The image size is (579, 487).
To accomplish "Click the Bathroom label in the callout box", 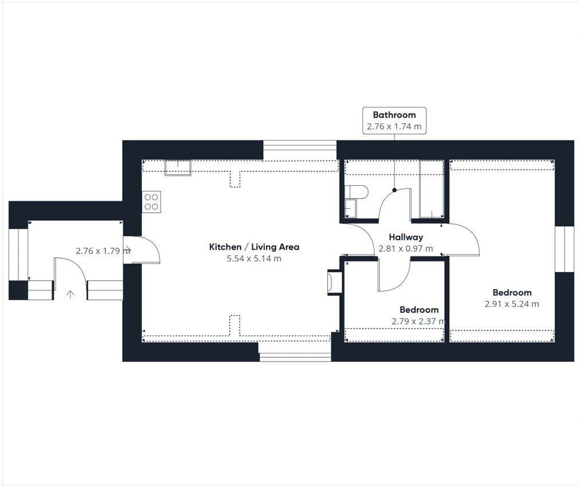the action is click(394, 115).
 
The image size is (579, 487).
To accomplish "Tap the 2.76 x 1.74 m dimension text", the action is click(394, 126).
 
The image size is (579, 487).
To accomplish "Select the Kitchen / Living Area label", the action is click(254, 247).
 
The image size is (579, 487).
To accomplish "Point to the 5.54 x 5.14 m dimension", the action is click(254, 259).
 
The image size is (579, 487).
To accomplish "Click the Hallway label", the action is click(406, 237).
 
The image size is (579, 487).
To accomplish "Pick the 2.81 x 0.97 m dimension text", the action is click(406, 249).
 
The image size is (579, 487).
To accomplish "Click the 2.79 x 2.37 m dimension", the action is click(418, 321).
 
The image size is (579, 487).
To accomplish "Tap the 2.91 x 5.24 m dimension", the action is click(512, 304).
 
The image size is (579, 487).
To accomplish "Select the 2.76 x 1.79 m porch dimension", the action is click(103, 251).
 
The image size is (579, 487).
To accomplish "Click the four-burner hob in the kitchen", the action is click(151, 202).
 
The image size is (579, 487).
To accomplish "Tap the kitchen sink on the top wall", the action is click(178, 167).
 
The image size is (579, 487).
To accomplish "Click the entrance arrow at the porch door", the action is click(70, 294).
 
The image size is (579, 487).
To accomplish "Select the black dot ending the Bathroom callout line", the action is click(394, 190).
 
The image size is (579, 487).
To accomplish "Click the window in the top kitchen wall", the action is click(300, 150).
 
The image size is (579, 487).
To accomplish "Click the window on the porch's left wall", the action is click(18, 254).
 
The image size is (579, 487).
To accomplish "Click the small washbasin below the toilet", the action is click(351, 208).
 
